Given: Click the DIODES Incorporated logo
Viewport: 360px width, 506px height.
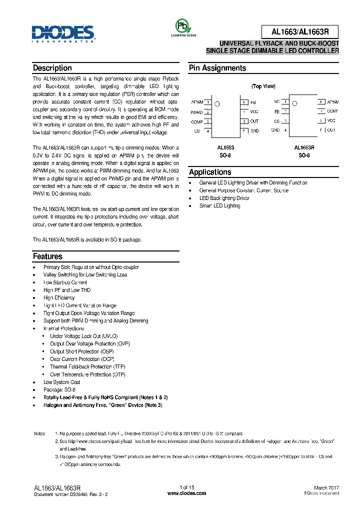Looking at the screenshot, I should [x=63, y=33].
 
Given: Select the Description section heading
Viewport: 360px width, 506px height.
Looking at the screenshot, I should [x=52, y=68].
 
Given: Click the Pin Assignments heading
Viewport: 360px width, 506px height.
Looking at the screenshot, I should [x=217, y=68].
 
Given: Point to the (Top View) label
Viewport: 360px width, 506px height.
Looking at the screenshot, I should [x=263, y=86].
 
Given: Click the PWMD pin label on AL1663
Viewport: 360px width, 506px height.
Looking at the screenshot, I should [x=196, y=112].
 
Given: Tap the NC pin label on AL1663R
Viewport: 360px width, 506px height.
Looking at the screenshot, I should [x=276, y=101].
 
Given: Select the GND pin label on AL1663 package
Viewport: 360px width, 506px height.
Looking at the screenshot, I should [x=254, y=130].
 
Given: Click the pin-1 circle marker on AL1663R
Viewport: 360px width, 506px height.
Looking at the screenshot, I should [x=294, y=104].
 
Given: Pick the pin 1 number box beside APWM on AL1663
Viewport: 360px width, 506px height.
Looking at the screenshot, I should [x=207, y=102].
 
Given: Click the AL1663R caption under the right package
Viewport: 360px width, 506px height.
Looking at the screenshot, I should [x=304, y=148].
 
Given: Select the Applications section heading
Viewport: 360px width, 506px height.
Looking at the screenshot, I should [x=210, y=172].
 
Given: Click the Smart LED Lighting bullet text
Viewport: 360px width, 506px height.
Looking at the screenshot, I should [x=219, y=206].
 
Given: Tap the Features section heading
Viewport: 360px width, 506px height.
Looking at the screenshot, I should [x=47, y=256].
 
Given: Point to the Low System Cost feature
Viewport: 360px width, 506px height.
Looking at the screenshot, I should [x=61, y=382].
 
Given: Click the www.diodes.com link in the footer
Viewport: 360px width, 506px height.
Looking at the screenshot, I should [x=186, y=493].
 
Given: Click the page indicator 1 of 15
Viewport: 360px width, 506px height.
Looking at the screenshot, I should [x=186, y=487].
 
